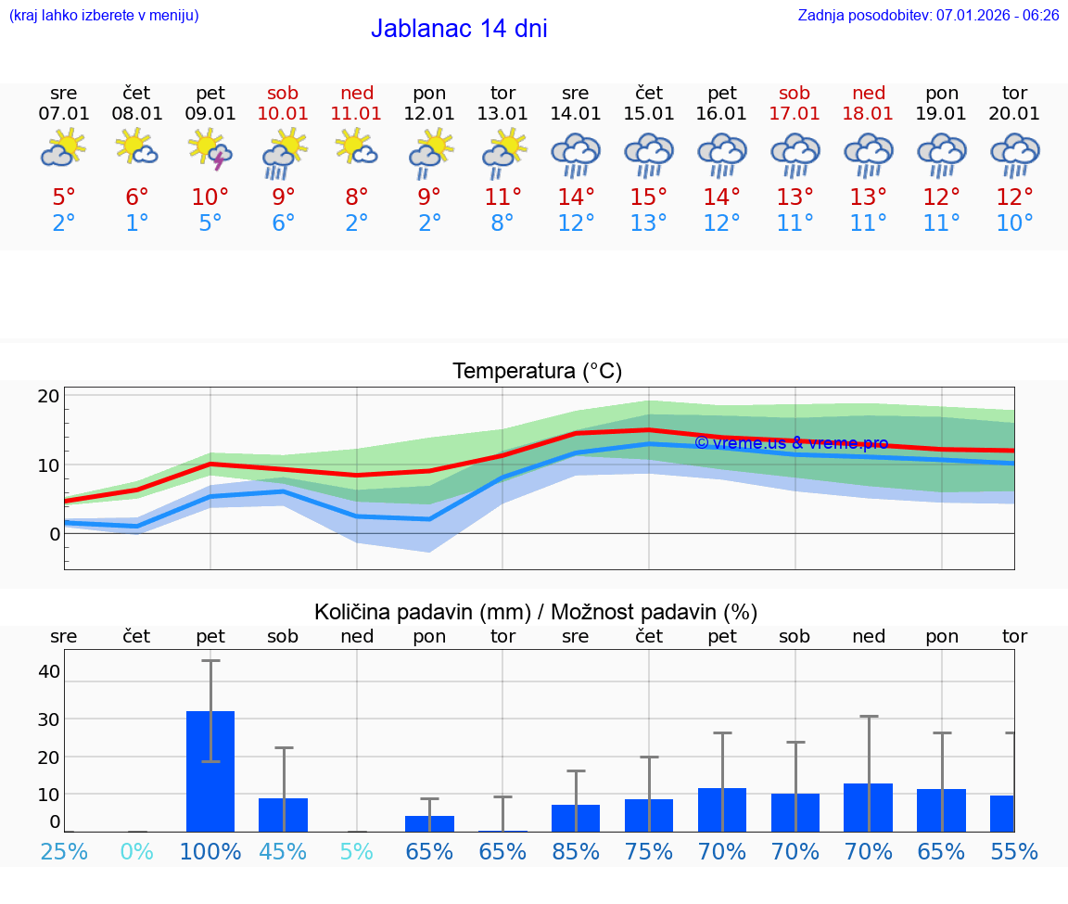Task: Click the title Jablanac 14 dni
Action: tap(459, 29)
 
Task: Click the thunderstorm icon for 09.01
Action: tap(210, 150)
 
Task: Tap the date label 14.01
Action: tap(576, 114)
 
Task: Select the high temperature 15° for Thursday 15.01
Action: tap(649, 197)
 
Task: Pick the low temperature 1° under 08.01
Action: tap(137, 223)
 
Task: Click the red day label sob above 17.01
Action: tap(795, 93)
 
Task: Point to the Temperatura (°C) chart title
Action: tap(537, 372)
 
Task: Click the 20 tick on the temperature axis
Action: tap(48, 396)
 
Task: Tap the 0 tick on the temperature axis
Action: tap(55, 534)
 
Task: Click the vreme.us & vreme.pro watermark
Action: tap(791, 443)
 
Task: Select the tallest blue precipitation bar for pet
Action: tap(210, 771)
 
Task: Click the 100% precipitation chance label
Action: tap(210, 851)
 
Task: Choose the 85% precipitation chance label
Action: tap(576, 851)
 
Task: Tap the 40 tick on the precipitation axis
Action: tap(48, 671)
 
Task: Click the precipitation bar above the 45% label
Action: tap(283, 815)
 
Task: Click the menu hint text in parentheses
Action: tap(104, 15)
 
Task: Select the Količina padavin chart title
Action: tap(536, 612)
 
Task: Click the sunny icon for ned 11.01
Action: tap(356, 148)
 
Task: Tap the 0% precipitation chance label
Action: tap(137, 851)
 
